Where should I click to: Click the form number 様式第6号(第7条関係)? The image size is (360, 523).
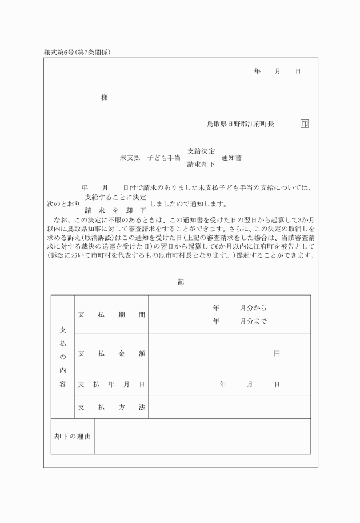point(77,52)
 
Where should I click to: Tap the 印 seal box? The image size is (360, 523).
point(305,123)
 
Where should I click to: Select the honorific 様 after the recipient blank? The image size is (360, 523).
point(105,98)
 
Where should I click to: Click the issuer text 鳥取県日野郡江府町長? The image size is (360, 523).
point(240,123)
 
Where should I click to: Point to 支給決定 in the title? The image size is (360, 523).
point(201,151)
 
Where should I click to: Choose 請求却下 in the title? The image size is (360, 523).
point(201,165)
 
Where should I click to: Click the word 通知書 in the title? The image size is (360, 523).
point(231,158)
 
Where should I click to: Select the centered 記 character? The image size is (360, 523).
point(181,281)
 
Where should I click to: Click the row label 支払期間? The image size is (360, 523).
point(111,314)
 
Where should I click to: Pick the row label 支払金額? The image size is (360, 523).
point(111,353)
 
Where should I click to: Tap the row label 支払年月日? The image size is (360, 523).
point(111,384)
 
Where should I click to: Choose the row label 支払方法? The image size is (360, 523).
point(111,407)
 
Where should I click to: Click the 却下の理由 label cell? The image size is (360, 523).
point(73,436)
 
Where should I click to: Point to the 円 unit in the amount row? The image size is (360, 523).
point(277,353)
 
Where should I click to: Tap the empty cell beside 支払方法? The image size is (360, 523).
point(229,407)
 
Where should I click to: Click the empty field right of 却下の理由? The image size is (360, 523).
point(202,436)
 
